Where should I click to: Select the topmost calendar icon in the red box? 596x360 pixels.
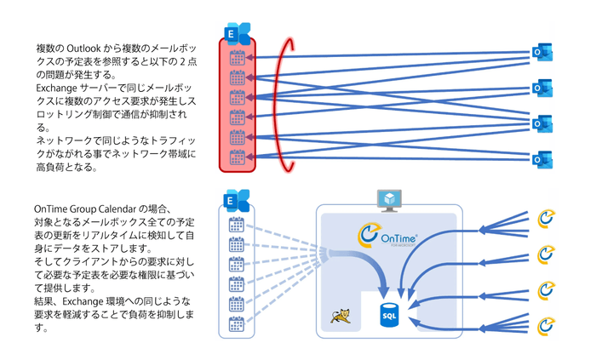(238, 59)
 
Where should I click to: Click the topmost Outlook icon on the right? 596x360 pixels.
(542, 52)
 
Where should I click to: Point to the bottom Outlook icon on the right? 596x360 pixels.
(542, 157)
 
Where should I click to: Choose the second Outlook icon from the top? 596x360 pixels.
(542, 87)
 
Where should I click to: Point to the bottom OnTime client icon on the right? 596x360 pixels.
(547, 323)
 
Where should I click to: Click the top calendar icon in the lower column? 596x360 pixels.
(238, 226)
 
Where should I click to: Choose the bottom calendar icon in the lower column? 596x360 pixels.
(238, 324)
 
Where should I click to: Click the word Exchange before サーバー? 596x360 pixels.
(57, 87)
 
